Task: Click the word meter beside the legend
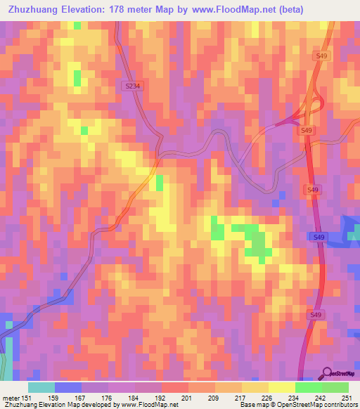tap(11, 398)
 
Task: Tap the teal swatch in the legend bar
tap(41, 387)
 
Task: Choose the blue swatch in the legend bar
tap(68, 387)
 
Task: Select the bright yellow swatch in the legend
tap(282, 387)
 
